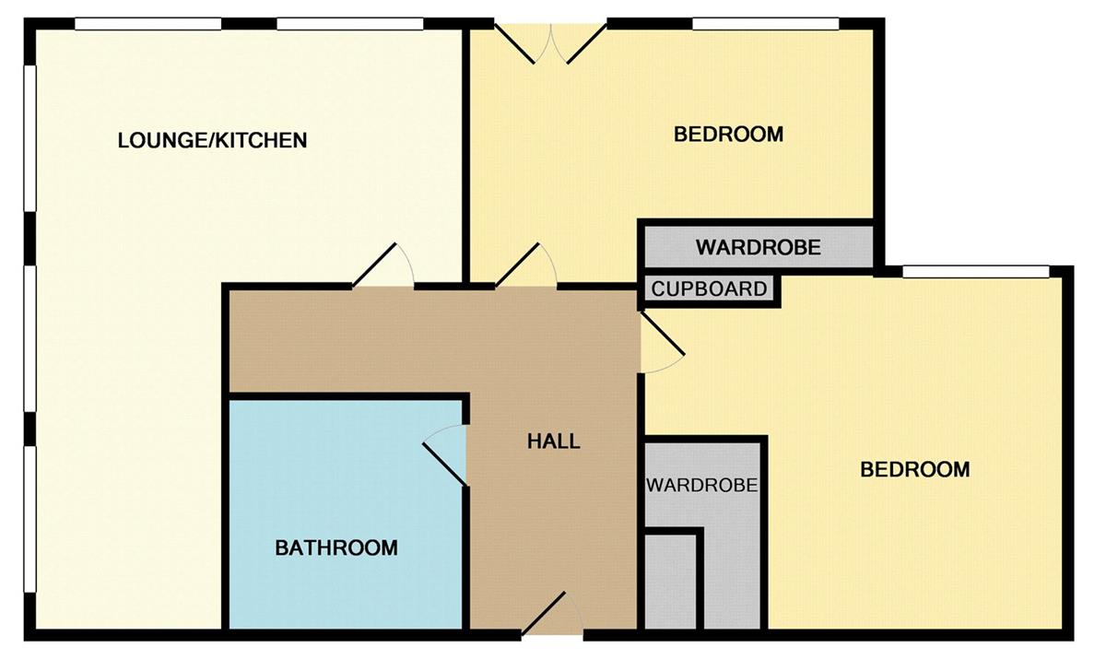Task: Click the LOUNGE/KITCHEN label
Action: point(212,141)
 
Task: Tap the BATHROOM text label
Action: point(336,548)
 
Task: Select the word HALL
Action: point(554,441)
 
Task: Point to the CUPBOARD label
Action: point(709,288)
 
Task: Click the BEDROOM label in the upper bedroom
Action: point(729,135)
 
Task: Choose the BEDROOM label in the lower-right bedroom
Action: point(915,469)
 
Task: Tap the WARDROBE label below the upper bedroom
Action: point(759,247)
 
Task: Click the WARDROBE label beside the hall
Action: point(701,486)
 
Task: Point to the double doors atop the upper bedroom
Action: point(550,43)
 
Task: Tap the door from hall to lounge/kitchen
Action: point(382,265)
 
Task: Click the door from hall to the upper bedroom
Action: point(526,265)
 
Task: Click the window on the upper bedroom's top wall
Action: point(766,24)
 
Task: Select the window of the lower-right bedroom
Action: point(976,272)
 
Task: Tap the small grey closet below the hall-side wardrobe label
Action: point(671,583)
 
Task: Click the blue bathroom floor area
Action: point(346,513)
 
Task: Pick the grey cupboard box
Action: point(709,288)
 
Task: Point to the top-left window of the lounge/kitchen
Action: point(148,24)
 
